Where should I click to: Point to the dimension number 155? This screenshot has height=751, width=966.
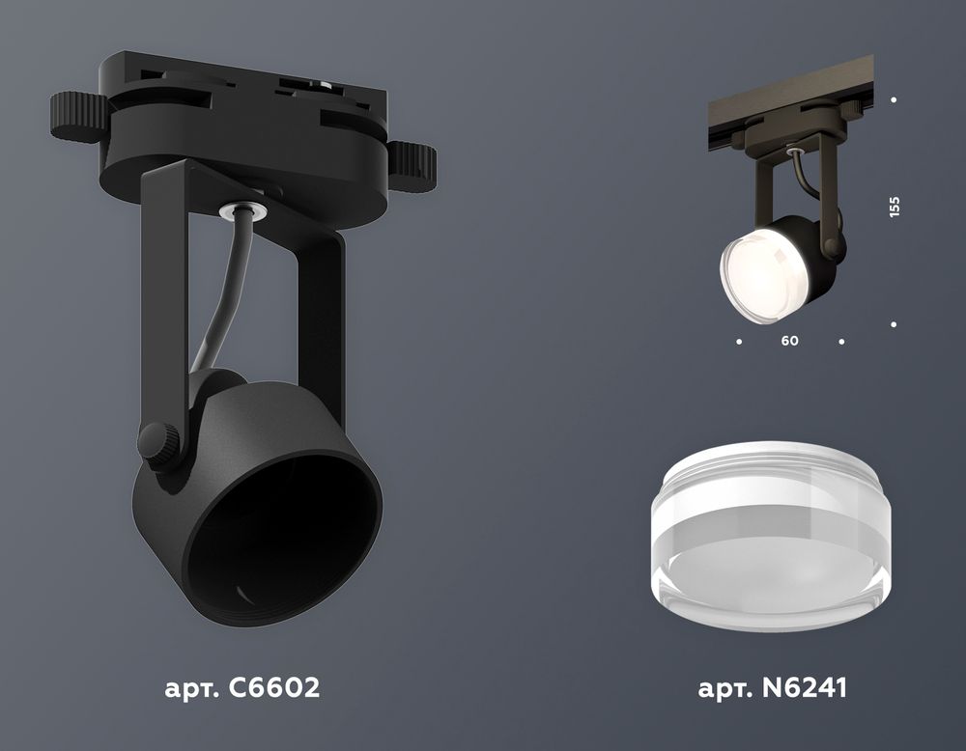(x=895, y=207)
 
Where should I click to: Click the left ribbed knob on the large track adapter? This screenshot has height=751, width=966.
(x=77, y=117)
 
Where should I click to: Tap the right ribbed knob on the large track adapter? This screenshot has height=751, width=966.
(x=412, y=164)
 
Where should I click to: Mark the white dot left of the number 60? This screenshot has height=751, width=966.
(x=739, y=342)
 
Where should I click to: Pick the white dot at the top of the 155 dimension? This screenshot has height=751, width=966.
(x=895, y=99)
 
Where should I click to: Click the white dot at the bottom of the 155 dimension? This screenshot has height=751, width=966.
(x=895, y=325)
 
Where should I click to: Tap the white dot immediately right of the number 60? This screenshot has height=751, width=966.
(x=841, y=342)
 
